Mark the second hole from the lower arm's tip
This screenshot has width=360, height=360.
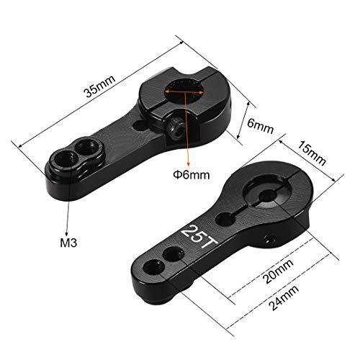pyautogui.click(x=172, y=253)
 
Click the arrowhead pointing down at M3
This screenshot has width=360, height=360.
pyautogui.click(x=67, y=229)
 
